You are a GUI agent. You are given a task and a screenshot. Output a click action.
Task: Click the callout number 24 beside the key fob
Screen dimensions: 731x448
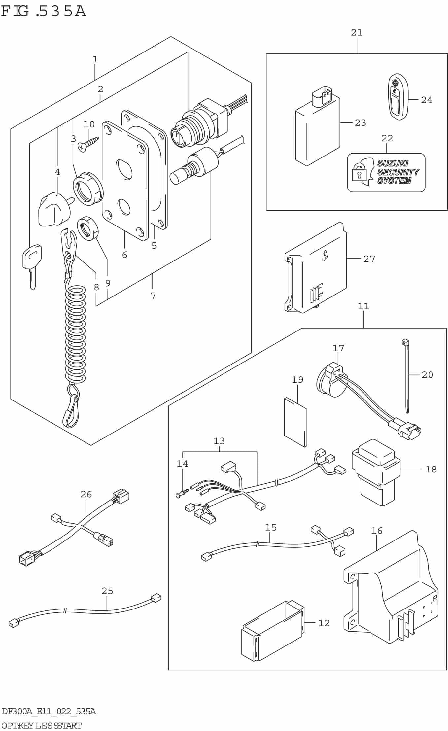point(426,100)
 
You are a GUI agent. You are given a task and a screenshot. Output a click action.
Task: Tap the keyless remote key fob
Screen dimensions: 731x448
point(397,97)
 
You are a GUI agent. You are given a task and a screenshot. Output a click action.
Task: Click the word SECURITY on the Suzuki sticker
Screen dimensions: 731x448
point(398,172)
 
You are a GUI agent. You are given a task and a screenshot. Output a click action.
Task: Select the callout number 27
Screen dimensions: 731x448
point(369,259)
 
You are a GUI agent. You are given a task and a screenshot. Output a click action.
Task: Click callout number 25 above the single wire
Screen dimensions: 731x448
point(107,591)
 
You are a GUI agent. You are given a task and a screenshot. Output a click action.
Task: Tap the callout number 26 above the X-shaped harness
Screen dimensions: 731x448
point(86,494)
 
